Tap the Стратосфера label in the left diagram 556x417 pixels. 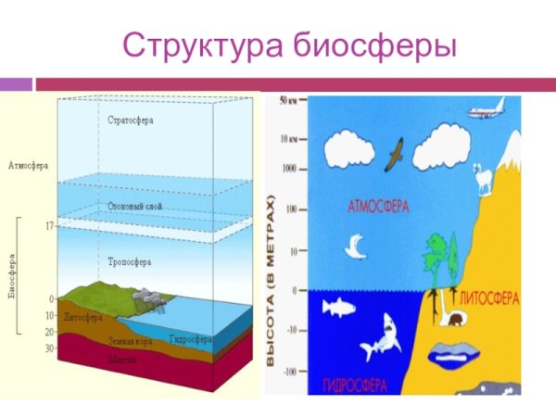point(130,120)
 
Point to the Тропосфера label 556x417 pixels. point(130,263)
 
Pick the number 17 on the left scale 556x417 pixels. point(48,225)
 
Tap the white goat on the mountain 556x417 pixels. point(483,181)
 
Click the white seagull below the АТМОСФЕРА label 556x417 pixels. point(354,246)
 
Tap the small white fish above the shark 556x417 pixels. point(342,307)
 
